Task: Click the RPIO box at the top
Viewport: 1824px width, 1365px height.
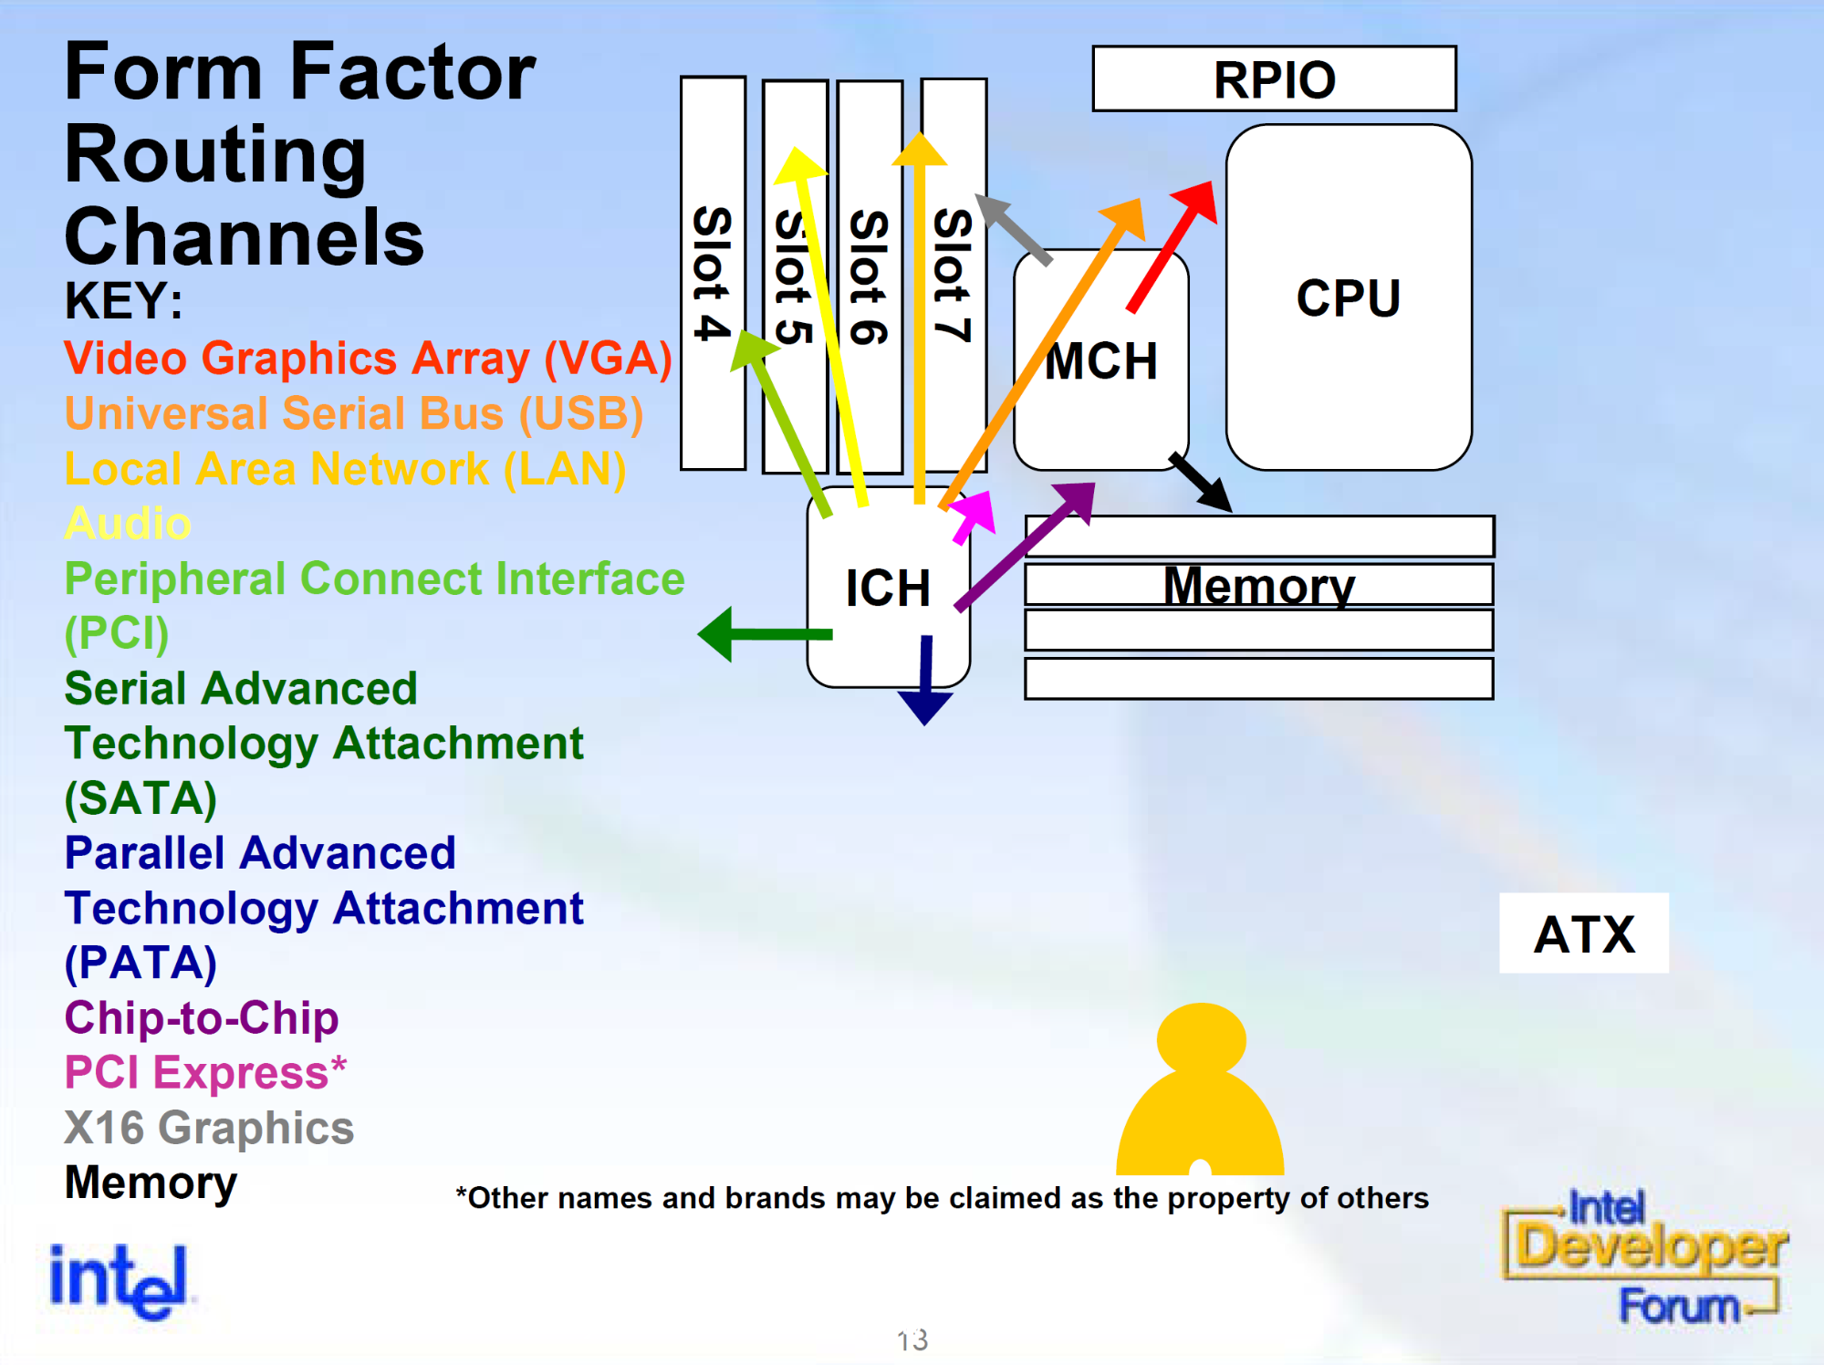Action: coord(1274,79)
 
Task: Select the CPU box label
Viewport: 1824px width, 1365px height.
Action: coord(1348,298)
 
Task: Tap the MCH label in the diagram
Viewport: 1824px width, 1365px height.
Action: coord(1100,361)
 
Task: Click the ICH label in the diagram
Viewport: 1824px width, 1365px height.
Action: coord(888,588)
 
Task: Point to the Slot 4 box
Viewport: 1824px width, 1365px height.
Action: coord(713,273)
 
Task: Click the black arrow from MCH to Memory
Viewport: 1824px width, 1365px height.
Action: coord(1202,482)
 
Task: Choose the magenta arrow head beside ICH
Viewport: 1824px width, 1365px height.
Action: coord(974,514)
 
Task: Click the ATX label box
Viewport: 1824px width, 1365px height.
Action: coord(1584,933)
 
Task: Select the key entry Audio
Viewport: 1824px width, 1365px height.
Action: coord(128,524)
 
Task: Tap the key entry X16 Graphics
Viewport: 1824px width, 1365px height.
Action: coord(209,1128)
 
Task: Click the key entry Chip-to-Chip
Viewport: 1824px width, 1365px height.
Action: coord(202,1017)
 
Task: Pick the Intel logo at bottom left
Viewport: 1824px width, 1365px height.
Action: coord(119,1280)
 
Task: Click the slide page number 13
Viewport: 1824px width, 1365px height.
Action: coord(912,1339)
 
